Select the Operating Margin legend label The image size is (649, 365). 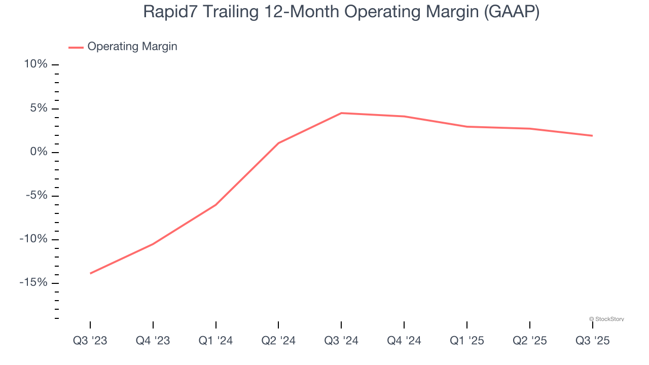(132, 47)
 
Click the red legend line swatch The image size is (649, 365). (76, 47)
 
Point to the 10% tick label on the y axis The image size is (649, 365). (35, 64)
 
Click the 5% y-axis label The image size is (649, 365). (38, 108)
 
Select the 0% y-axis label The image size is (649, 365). (38, 152)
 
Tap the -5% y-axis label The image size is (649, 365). (36, 196)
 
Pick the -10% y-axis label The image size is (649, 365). (33, 239)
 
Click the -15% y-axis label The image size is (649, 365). (33, 283)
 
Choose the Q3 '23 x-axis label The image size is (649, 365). (90, 341)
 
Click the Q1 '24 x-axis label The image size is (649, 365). (216, 341)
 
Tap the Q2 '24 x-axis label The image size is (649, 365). (278, 341)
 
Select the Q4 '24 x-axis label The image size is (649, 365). (404, 341)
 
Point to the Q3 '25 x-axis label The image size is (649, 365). (592, 341)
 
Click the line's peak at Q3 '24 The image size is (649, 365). (341, 113)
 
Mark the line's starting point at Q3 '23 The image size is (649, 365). (90, 273)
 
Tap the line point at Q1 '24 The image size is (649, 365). (216, 205)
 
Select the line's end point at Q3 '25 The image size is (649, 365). (592, 135)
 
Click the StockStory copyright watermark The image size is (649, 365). (606, 319)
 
